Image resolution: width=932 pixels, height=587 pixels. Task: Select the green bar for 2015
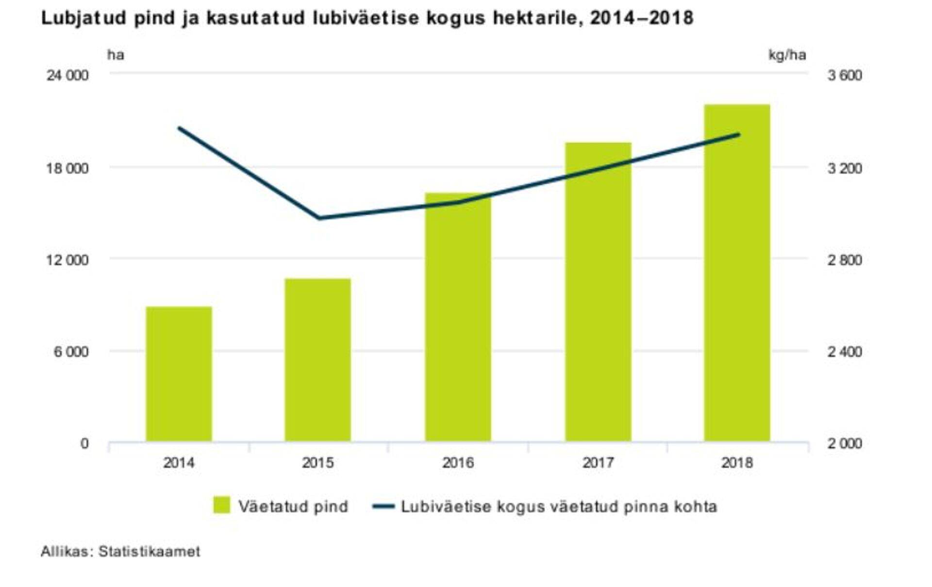(x=317, y=360)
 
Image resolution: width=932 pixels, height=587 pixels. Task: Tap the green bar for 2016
(x=458, y=317)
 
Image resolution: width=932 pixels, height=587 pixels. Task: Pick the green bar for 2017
(x=598, y=292)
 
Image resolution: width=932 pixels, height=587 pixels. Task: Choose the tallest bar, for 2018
(x=737, y=273)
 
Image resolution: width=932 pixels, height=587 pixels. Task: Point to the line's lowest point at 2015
(x=319, y=218)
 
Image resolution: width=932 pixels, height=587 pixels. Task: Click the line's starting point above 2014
(x=179, y=128)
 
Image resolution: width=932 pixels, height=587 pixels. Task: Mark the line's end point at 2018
(x=738, y=134)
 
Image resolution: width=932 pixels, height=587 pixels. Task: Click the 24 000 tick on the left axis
(x=67, y=76)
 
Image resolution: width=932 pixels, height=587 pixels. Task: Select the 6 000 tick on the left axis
(x=71, y=352)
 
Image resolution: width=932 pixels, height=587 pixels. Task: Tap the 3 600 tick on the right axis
(x=845, y=76)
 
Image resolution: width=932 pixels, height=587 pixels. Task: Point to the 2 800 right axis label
(x=845, y=260)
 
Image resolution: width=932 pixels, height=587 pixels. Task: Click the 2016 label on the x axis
(x=458, y=463)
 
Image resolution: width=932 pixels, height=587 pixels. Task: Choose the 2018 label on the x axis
(x=737, y=463)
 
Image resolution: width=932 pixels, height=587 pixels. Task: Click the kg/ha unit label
(x=787, y=55)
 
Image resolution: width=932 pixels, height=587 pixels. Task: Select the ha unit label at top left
(x=116, y=55)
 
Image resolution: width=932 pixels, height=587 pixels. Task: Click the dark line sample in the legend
(x=383, y=506)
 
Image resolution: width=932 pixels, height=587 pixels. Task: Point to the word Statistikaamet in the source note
(x=149, y=552)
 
